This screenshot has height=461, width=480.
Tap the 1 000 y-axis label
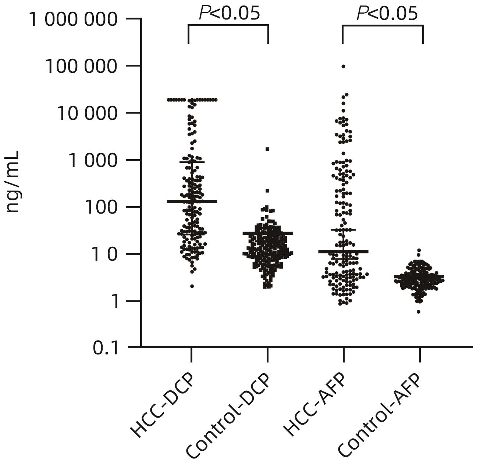point(95,161)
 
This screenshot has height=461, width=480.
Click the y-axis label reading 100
point(105,208)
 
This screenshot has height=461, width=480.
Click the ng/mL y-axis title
point(13,182)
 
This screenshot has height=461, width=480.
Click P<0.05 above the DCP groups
point(229,14)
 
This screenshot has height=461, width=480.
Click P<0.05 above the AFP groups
point(387,14)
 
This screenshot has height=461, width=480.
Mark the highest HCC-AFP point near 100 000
point(344,67)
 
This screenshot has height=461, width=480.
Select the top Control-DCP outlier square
point(268,149)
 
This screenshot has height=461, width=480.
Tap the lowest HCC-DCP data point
point(192,286)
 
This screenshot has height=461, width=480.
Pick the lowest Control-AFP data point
point(419,312)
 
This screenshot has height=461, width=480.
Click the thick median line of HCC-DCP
point(192,201)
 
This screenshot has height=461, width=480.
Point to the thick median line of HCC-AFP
point(344,251)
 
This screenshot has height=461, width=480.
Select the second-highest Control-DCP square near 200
point(268,190)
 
